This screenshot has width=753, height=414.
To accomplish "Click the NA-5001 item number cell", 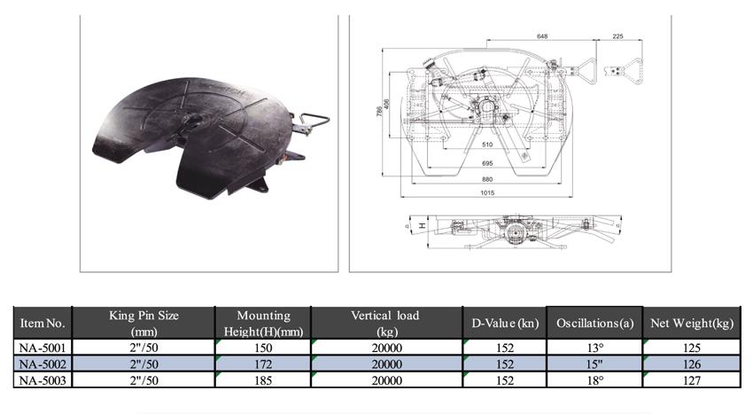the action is [43, 348].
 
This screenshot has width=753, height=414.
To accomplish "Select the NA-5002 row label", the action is [43, 363].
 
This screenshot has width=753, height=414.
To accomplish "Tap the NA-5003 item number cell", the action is [43, 379].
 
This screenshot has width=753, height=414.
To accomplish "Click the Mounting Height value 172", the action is [263, 364].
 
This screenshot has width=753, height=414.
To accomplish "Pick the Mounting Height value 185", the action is [263, 380].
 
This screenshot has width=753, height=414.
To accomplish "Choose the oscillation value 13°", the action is [595, 348].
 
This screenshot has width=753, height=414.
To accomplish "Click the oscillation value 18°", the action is [595, 380].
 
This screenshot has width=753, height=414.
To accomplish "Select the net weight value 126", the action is [692, 364].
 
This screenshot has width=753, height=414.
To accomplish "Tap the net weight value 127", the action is [692, 380].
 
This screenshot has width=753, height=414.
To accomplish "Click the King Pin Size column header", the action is [144, 323].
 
